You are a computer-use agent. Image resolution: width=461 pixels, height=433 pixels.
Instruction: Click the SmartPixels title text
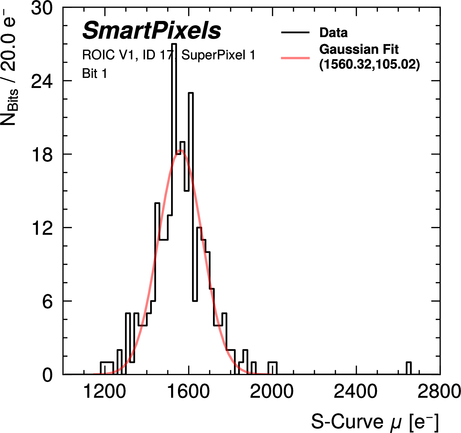(151, 30)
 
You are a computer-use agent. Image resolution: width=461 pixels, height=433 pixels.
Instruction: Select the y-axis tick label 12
(42, 228)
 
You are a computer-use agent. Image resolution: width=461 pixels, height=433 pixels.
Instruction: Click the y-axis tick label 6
(47, 301)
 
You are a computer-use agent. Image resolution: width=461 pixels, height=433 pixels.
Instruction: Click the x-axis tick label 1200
(104, 391)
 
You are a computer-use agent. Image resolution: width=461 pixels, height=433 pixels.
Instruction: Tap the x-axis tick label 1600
(189, 391)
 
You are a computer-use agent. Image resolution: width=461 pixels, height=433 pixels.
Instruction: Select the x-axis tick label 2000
(272, 391)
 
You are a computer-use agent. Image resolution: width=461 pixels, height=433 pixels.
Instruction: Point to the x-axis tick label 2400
(355, 391)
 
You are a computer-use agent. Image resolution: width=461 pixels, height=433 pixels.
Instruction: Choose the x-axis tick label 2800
(439, 391)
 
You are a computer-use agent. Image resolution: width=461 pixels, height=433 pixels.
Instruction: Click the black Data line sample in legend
(295, 33)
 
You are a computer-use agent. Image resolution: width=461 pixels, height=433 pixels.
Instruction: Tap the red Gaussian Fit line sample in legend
(295, 58)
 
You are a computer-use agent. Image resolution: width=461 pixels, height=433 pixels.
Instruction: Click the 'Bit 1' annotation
(94, 73)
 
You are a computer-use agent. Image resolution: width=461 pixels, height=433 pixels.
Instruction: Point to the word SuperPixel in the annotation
(213, 55)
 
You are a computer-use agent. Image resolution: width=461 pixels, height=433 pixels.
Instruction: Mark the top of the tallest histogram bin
(174, 44)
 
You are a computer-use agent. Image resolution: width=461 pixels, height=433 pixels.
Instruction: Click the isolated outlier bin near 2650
(409, 368)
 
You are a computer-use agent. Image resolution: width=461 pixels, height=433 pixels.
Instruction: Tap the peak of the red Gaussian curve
(181, 151)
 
